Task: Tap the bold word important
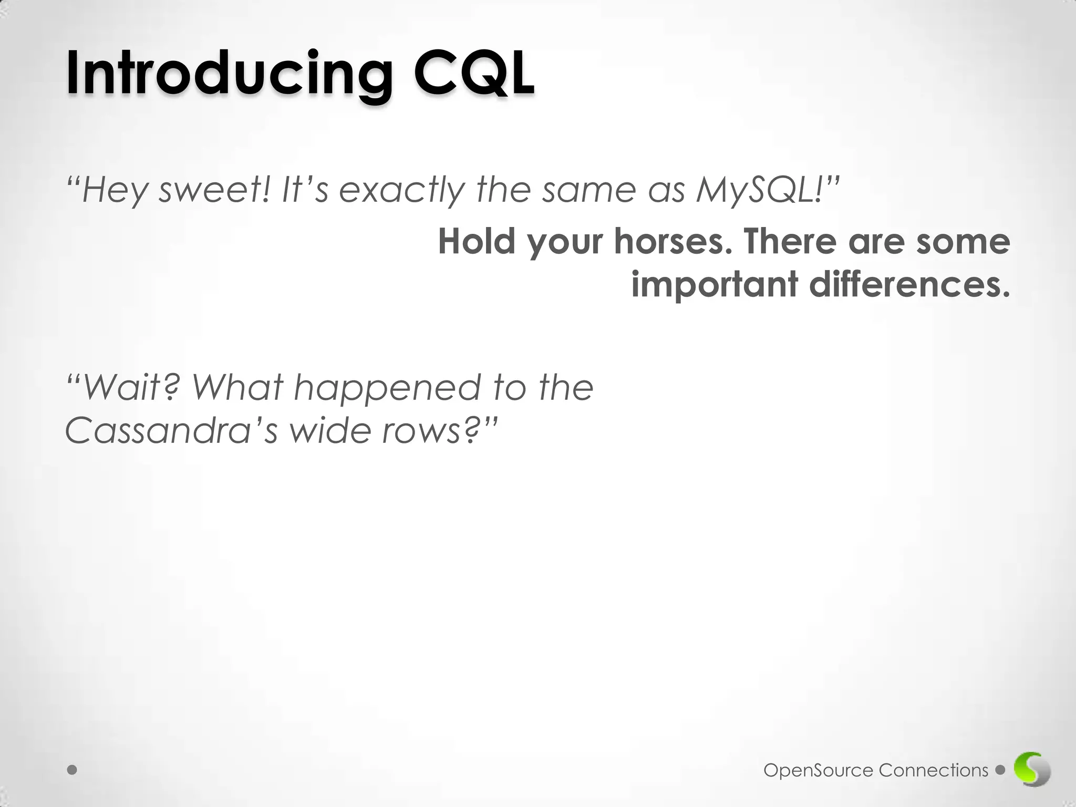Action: (715, 284)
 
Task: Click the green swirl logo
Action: (1032, 771)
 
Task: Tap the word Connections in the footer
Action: (933, 771)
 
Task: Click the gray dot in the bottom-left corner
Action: (72, 770)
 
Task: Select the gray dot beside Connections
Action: (1000, 770)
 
